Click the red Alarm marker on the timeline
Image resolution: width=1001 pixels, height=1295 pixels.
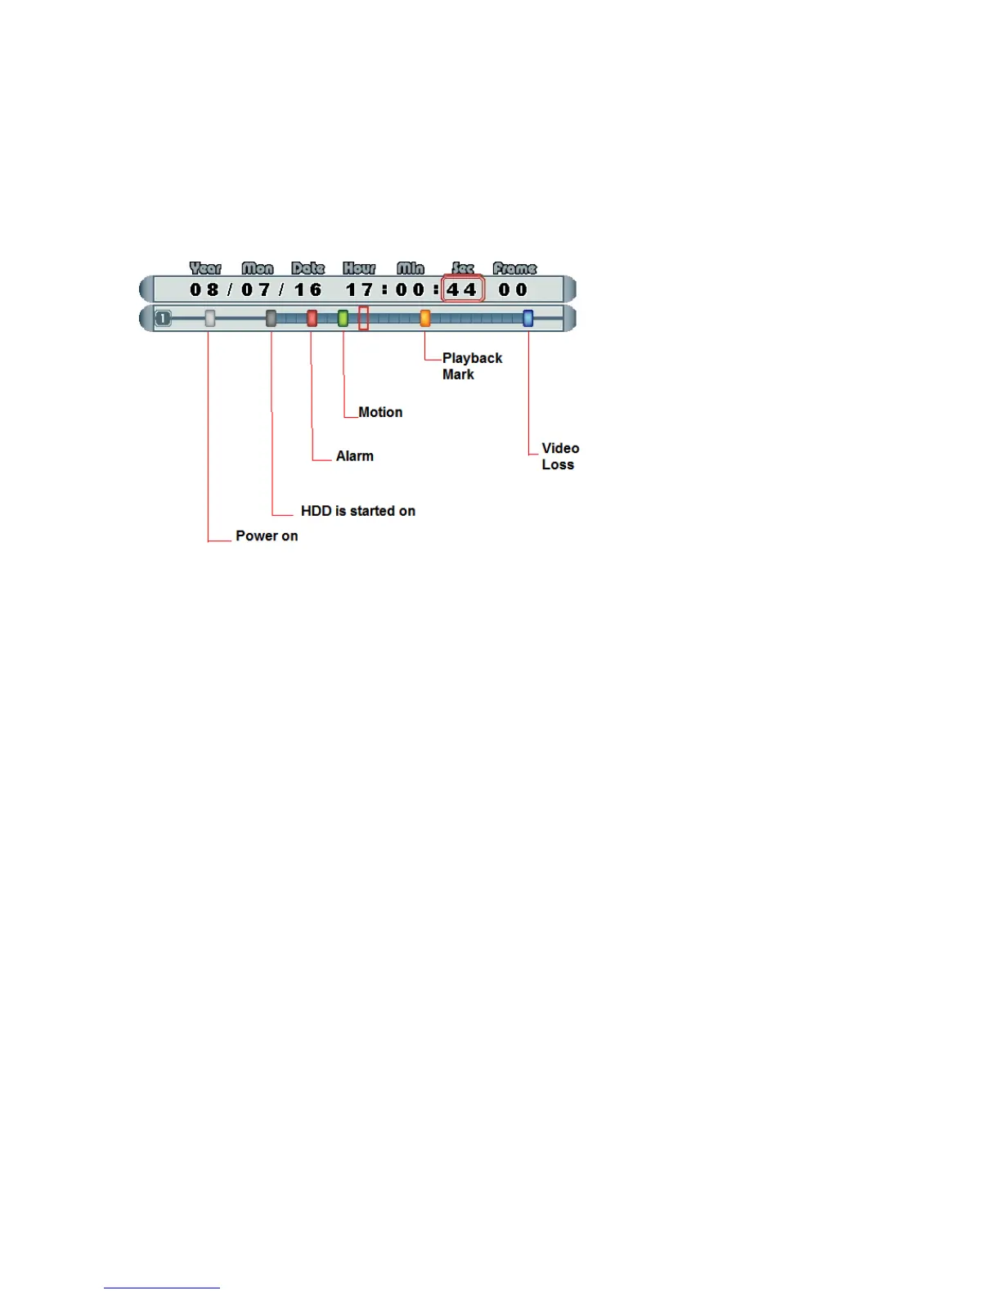pyautogui.click(x=312, y=318)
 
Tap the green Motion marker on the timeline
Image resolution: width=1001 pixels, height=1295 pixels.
pyautogui.click(x=343, y=318)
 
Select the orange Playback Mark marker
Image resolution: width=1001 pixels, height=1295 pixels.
pyautogui.click(x=424, y=318)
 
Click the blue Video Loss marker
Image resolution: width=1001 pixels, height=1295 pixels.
pyautogui.click(x=527, y=318)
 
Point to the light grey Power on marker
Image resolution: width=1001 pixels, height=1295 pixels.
pyautogui.click(x=210, y=318)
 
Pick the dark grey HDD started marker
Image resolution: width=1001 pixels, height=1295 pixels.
pyautogui.click(x=271, y=318)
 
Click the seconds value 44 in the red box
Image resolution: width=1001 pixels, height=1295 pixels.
pyautogui.click(x=462, y=289)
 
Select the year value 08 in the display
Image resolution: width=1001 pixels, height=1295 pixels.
pyautogui.click(x=204, y=289)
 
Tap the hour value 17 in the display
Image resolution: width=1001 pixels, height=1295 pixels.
pyautogui.click(x=359, y=289)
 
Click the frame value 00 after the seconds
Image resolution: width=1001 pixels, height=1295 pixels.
pyautogui.click(x=514, y=289)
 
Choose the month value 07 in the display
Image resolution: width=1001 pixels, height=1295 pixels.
pyautogui.click(x=256, y=289)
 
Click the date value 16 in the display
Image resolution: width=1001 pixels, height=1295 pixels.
pyautogui.click(x=308, y=289)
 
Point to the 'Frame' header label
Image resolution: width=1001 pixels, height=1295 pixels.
pyautogui.click(x=514, y=268)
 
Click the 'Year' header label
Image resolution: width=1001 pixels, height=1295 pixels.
pyautogui.click(x=205, y=268)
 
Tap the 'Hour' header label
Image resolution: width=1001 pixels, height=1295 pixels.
pyautogui.click(x=359, y=268)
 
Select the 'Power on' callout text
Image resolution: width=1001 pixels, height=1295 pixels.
pyautogui.click(x=267, y=536)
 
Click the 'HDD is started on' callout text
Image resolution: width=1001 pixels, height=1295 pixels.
pyautogui.click(x=358, y=511)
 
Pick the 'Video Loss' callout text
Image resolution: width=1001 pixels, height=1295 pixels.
pyautogui.click(x=560, y=456)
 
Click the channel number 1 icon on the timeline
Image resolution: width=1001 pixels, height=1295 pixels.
pyautogui.click(x=164, y=318)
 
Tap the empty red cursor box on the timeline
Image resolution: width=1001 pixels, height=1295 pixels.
pyautogui.click(x=364, y=318)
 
